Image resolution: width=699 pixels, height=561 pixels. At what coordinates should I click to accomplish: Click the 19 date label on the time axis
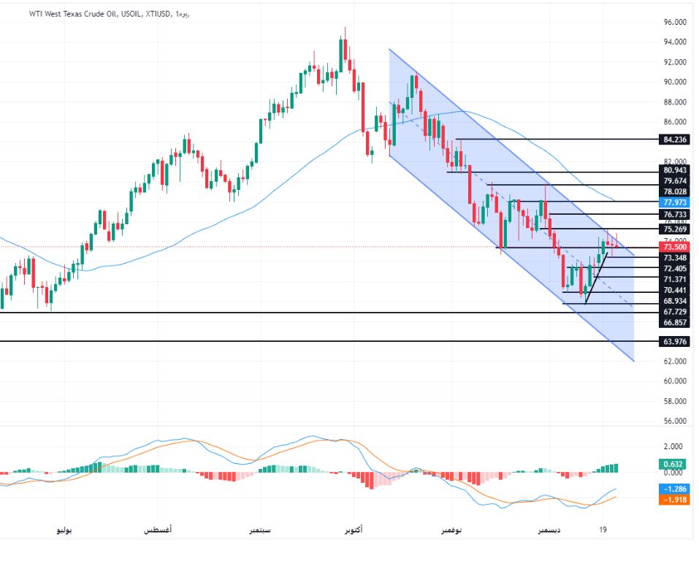tap(603, 530)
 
